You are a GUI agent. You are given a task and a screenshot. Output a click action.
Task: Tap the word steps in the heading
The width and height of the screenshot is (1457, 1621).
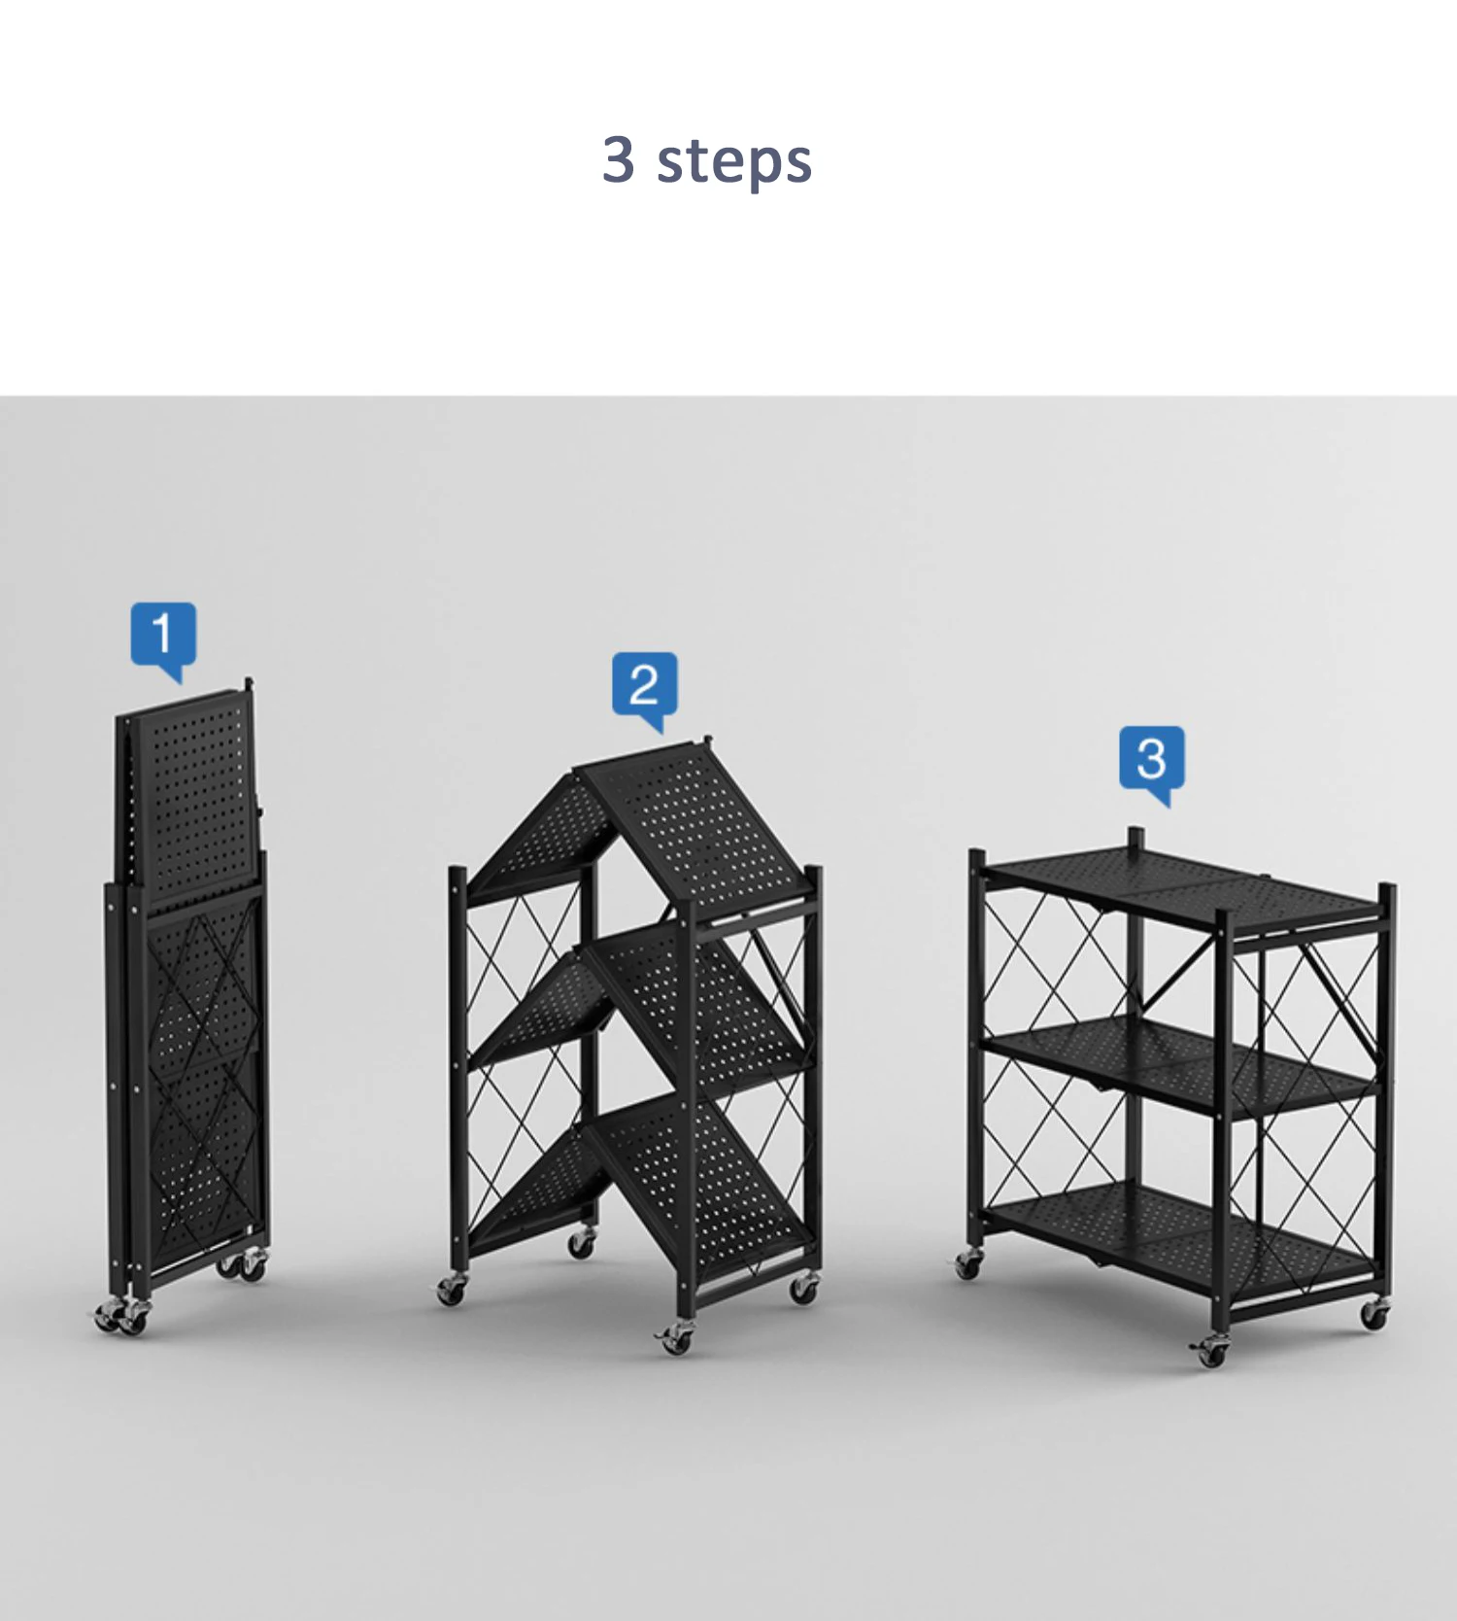point(734,162)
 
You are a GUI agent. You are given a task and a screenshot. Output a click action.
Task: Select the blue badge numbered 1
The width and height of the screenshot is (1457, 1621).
point(163,640)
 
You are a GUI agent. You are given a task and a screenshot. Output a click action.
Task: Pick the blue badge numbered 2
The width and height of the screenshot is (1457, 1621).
point(644,689)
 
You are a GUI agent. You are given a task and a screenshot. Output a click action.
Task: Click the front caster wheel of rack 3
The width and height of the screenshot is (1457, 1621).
point(1210,1351)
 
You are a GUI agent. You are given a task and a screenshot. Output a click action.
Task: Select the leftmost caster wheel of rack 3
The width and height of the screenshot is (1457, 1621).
point(967,1264)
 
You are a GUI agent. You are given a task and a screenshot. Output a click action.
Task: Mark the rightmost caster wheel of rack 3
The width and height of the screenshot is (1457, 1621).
point(1373,1315)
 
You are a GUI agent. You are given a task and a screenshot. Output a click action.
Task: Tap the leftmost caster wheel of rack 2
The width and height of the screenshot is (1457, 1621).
point(451,1290)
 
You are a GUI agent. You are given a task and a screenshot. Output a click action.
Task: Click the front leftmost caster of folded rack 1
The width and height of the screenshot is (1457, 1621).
point(107,1317)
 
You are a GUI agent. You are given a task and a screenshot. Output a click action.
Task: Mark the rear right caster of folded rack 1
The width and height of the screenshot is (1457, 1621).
point(252,1266)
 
